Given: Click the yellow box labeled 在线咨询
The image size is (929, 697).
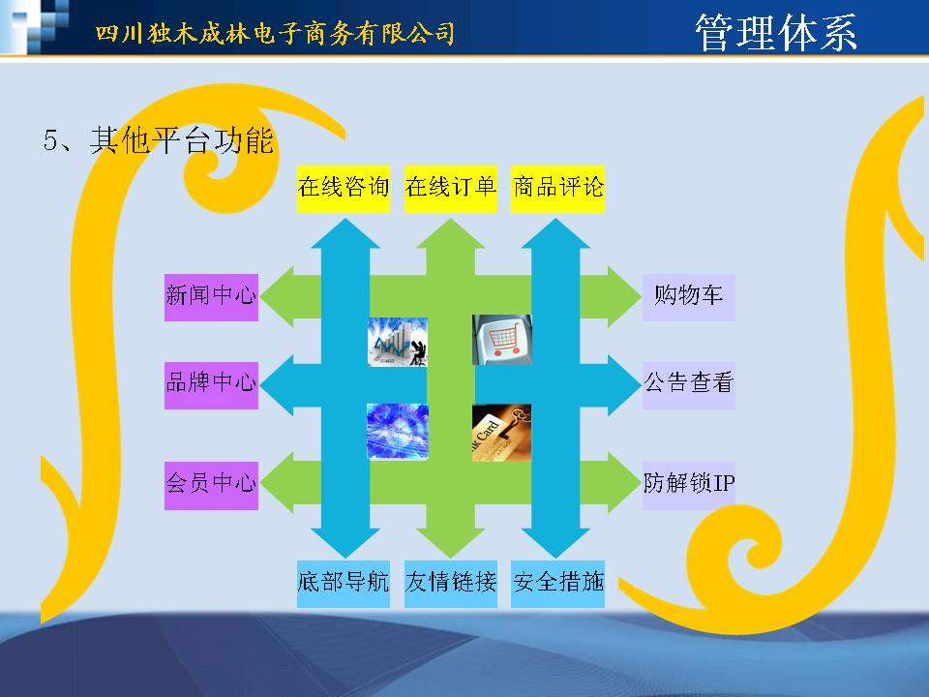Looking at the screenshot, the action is (x=343, y=189).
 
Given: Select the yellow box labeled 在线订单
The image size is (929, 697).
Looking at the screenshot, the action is (x=450, y=189).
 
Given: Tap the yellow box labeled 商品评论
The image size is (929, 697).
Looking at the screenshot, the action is (x=557, y=189).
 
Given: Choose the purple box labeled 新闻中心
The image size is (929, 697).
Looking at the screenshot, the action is (x=212, y=297).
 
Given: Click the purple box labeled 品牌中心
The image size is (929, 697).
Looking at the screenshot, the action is (x=212, y=385).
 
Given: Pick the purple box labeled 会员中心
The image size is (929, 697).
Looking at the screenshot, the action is (x=212, y=485).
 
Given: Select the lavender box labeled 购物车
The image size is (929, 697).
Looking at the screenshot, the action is (x=688, y=297).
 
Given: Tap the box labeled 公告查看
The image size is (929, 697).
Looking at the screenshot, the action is (x=688, y=385).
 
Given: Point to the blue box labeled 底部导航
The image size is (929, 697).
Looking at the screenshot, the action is (x=343, y=584).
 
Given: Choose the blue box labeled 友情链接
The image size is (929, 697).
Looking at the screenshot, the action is (x=450, y=584).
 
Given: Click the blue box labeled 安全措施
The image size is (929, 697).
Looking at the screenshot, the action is (x=557, y=584).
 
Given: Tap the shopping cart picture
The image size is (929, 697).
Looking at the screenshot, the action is (x=502, y=340).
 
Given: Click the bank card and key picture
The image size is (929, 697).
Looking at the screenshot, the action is (x=502, y=433).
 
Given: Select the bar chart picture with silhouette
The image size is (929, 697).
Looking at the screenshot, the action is (x=398, y=342).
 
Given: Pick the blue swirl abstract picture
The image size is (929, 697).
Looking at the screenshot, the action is (x=398, y=432).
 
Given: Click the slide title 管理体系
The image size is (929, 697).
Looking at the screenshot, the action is (x=775, y=33).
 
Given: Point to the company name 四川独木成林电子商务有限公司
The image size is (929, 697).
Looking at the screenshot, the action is (x=275, y=33).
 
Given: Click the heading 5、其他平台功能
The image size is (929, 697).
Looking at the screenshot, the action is (x=158, y=140).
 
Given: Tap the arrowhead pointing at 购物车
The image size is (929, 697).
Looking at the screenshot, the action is (x=623, y=296).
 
